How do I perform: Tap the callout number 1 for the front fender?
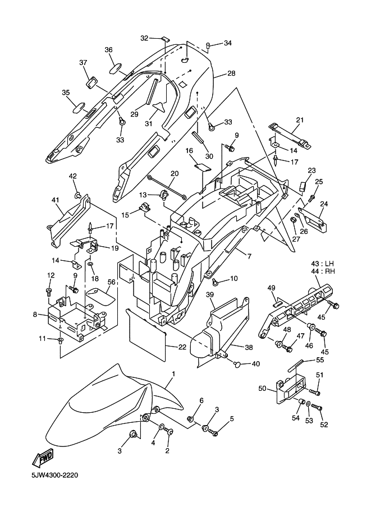point(173,374)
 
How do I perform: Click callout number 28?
point(231,73)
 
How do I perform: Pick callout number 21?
point(299,120)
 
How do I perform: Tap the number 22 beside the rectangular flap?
point(182,348)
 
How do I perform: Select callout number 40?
point(256,364)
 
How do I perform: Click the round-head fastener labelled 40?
point(238,365)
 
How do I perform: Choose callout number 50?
point(262,389)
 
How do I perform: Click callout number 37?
point(84,62)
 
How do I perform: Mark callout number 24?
point(324,205)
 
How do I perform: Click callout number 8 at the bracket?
point(35,315)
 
